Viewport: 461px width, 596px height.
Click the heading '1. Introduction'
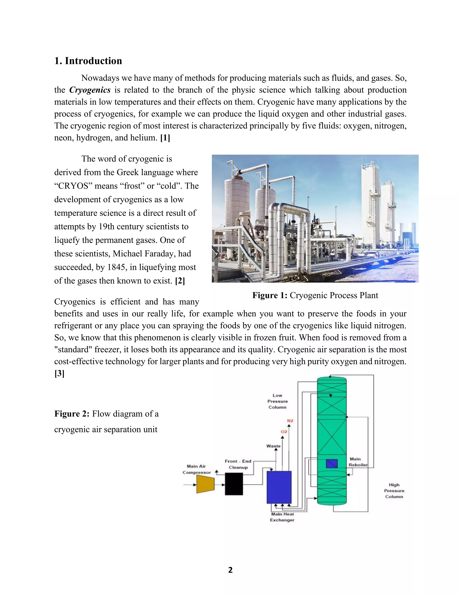[x=88, y=61]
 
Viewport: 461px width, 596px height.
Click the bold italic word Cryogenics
[x=90, y=90]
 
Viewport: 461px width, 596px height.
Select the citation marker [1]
[x=165, y=138]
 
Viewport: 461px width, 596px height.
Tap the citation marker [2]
[x=180, y=281]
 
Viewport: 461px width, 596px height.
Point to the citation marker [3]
[x=59, y=373]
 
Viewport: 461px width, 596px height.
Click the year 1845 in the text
[x=118, y=267]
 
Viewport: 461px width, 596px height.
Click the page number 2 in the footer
[x=230, y=570]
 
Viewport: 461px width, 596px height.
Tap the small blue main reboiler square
[x=332, y=464]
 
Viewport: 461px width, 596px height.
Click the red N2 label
[x=290, y=421]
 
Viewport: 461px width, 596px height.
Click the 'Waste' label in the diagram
[x=273, y=446]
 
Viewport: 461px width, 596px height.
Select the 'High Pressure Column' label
[x=394, y=491]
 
